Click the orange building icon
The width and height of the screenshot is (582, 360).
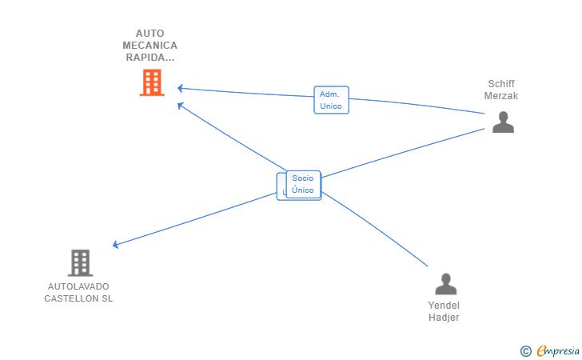[x=151, y=82]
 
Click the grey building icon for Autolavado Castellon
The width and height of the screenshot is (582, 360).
[x=80, y=262]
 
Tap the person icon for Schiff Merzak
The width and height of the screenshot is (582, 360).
[x=503, y=122]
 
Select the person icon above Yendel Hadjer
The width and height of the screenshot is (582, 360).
[x=444, y=284]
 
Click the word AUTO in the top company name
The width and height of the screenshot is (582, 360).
[x=149, y=34]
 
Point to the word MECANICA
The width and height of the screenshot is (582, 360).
[x=151, y=46]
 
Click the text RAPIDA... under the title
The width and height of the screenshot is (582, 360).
[x=149, y=58]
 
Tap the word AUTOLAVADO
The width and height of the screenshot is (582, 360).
[x=78, y=286]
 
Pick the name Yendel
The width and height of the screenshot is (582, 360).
[x=444, y=306]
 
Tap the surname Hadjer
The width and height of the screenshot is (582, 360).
[x=444, y=318]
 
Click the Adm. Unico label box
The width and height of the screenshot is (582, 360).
[x=331, y=100]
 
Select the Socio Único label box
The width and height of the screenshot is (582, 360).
[x=303, y=184]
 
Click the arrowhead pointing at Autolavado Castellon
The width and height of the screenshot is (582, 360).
[x=117, y=245]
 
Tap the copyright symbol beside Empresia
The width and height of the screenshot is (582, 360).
[x=525, y=350]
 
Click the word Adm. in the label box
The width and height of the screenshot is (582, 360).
[x=330, y=94]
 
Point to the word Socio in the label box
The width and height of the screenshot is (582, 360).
[x=303, y=178]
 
